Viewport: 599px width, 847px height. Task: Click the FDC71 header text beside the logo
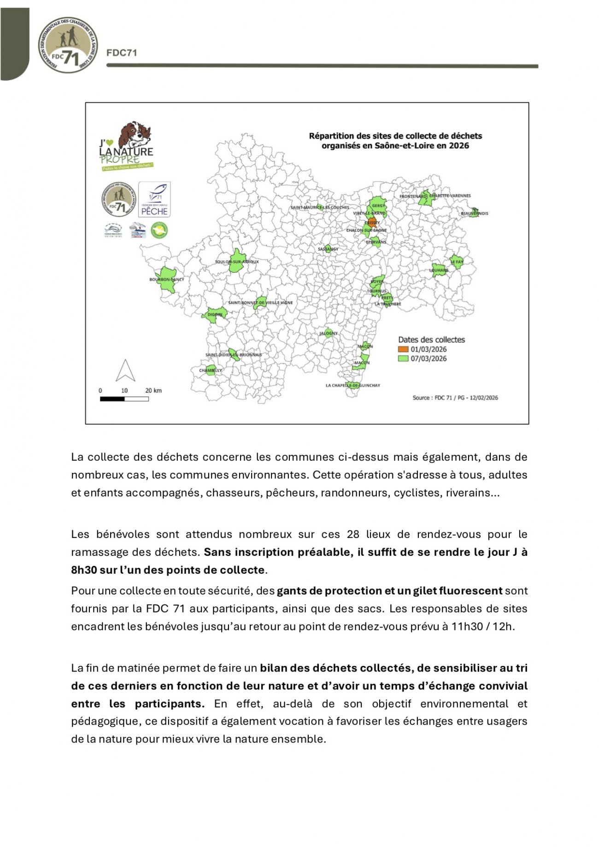[122, 53]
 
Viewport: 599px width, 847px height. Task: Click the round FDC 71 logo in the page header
[68, 45]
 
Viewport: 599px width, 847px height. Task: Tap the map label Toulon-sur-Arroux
[237, 262]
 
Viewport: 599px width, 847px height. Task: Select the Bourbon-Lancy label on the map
[166, 280]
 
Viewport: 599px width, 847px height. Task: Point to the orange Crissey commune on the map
[372, 223]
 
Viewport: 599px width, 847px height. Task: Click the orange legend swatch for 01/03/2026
[403, 349]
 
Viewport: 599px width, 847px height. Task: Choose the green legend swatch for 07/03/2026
[403, 359]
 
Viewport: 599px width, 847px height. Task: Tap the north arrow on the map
[125, 371]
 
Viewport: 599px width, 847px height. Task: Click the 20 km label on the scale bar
[153, 391]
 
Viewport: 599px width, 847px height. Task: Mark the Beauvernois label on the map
[475, 213]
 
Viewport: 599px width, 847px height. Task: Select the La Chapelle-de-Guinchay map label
[353, 385]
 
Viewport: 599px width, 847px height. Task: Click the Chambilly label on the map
[211, 371]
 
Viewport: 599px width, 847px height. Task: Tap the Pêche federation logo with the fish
[154, 199]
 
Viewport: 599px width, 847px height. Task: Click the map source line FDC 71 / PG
[455, 398]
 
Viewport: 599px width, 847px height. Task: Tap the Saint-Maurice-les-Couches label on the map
[319, 207]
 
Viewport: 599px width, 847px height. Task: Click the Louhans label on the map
[439, 271]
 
